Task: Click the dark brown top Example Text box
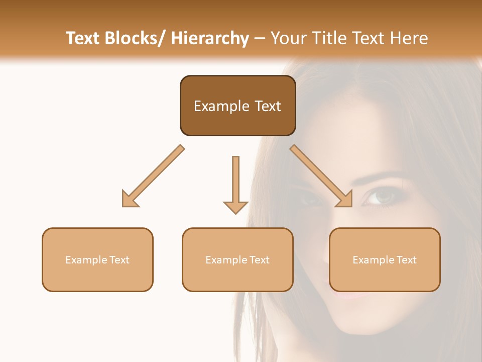[x=237, y=106]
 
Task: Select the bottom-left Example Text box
[x=97, y=259]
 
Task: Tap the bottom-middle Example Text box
[x=237, y=259]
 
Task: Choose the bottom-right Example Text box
[x=385, y=259]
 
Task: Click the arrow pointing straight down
[x=235, y=184]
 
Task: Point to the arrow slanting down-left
[x=153, y=176]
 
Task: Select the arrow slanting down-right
[x=321, y=176]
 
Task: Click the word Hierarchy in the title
[x=210, y=38]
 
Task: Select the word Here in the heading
[x=410, y=38]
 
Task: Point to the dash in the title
[x=260, y=38]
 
